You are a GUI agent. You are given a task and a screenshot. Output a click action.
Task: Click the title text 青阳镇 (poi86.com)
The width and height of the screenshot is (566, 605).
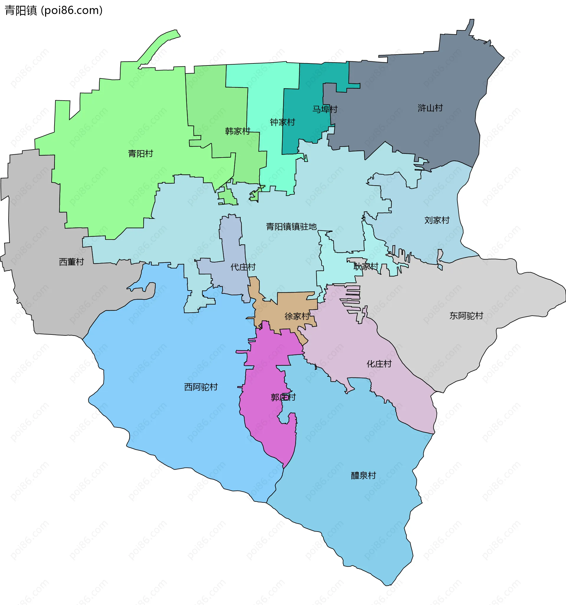click(x=54, y=10)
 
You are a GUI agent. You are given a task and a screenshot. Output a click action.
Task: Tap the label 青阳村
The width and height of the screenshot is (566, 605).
click(x=140, y=154)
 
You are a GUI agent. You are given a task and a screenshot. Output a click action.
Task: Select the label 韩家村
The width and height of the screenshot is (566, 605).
click(x=237, y=131)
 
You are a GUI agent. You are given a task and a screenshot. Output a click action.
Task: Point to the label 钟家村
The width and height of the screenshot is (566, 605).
click(x=282, y=122)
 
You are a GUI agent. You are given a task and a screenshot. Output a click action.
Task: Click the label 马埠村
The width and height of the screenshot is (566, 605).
click(x=325, y=109)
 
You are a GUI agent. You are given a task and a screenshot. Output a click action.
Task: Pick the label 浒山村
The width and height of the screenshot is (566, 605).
click(x=430, y=108)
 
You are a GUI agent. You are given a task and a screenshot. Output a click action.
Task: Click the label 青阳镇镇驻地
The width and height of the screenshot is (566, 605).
click(x=291, y=227)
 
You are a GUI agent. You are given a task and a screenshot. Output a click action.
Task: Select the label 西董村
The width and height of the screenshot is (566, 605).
click(x=71, y=262)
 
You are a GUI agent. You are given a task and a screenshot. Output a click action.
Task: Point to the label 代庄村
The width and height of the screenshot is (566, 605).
click(x=243, y=267)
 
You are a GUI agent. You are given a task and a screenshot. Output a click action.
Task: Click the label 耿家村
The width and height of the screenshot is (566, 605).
click(x=366, y=267)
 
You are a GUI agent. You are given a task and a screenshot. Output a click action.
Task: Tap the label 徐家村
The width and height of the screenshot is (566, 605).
click(x=297, y=317)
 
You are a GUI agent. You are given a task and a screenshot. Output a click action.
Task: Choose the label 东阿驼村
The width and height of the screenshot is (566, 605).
click(x=466, y=316)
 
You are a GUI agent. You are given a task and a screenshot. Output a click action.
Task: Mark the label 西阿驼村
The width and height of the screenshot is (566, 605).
click(x=201, y=387)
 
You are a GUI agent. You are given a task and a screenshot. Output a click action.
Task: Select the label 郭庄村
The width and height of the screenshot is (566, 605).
click(x=283, y=397)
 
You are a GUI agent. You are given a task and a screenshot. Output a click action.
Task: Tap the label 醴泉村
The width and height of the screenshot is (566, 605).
click(x=363, y=476)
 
